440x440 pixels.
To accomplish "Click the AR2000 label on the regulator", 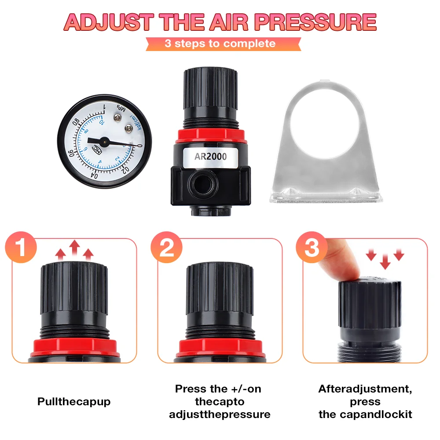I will (x=210, y=156).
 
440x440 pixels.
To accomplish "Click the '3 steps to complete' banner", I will (x=220, y=44).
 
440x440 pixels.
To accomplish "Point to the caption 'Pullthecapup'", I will (x=74, y=402).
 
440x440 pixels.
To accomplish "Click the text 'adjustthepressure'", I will (x=220, y=414).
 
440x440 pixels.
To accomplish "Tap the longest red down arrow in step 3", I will (x=385, y=261).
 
